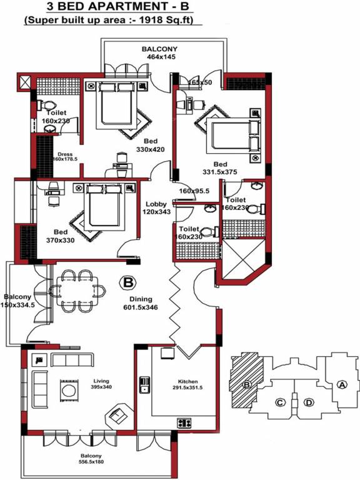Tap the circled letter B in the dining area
129,282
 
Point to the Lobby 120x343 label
156,209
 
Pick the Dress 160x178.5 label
66,156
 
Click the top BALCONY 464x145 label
159,52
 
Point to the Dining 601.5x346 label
141,303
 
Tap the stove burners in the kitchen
184,423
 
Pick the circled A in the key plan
342,385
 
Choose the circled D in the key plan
308,402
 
